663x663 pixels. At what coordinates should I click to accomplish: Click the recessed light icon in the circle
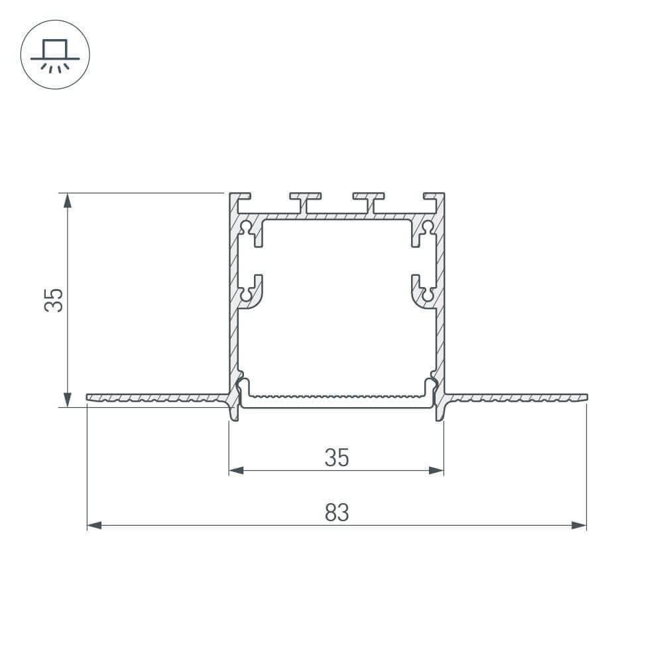click(x=55, y=56)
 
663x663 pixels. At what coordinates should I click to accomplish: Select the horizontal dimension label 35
click(x=336, y=457)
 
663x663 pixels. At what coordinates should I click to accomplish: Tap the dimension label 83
click(x=336, y=512)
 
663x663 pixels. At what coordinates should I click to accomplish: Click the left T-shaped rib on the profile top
click(x=304, y=200)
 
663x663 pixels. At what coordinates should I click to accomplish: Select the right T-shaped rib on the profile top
click(x=369, y=200)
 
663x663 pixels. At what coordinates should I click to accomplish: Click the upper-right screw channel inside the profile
click(x=424, y=231)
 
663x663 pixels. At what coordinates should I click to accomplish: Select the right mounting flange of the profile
click(x=517, y=398)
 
